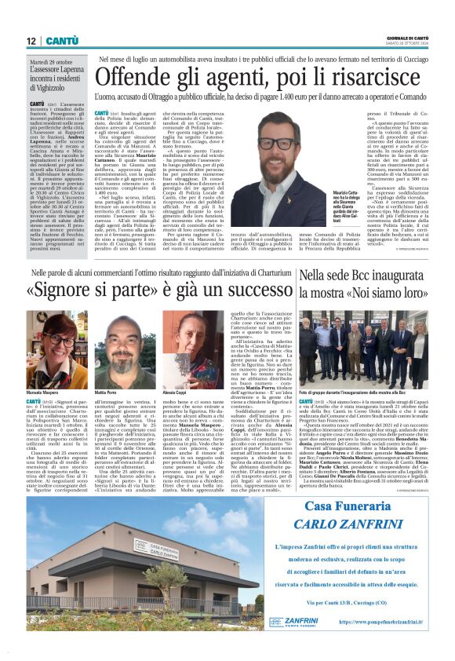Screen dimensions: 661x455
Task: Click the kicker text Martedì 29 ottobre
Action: tap(51, 61)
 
